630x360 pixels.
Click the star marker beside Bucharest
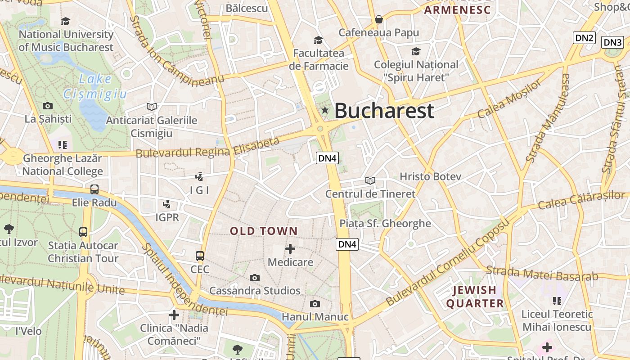click(x=324, y=110)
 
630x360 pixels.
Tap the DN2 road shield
click(x=584, y=38)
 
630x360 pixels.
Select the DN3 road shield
click(x=612, y=42)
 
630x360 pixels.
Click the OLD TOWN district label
click(x=264, y=231)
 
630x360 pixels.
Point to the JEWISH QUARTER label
click(x=475, y=297)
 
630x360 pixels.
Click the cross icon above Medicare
click(x=290, y=248)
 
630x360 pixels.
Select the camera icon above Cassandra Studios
click(x=255, y=278)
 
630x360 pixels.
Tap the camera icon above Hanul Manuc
click(x=315, y=304)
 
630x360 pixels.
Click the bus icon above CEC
click(x=200, y=256)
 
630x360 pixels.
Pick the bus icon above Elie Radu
click(x=94, y=189)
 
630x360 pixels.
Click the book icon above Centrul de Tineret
click(x=370, y=180)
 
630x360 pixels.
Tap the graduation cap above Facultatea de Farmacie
click(x=319, y=40)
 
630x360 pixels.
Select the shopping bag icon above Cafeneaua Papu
click(x=379, y=19)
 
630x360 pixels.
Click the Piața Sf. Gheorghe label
click(x=385, y=223)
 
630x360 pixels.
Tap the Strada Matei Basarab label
click(x=542, y=273)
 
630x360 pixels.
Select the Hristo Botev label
click(x=430, y=176)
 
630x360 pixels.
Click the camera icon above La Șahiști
click(x=48, y=106)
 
